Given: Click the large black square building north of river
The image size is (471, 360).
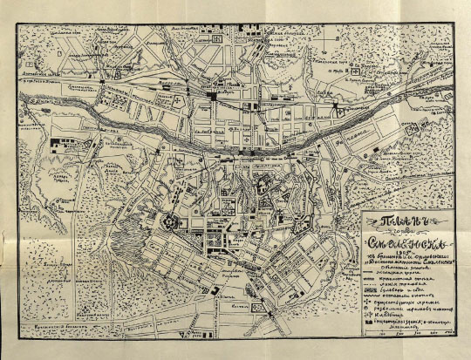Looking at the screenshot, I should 211,96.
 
